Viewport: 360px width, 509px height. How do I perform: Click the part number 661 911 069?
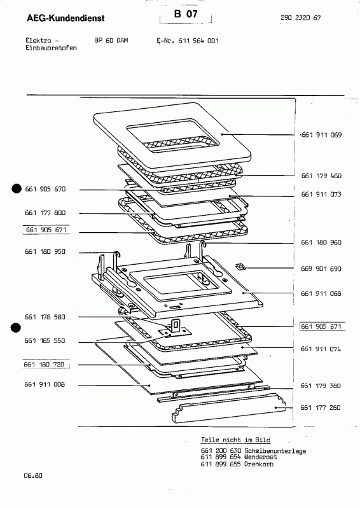point(321,136)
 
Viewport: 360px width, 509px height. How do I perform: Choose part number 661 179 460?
point(321,175)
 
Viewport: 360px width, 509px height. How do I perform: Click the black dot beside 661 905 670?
point(16,188)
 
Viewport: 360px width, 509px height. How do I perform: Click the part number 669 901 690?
point(321,269)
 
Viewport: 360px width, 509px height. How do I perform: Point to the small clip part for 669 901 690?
point(240,267)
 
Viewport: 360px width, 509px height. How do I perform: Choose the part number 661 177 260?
point(321,408)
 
